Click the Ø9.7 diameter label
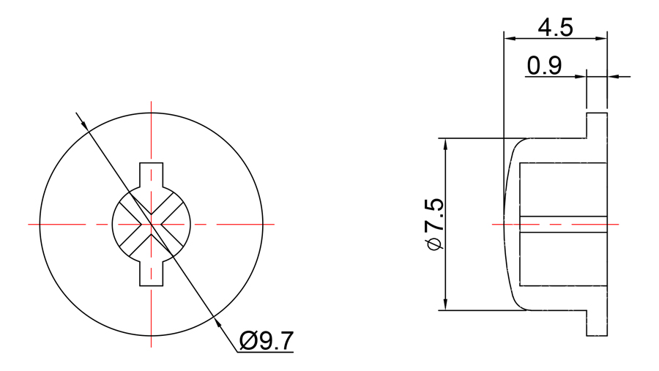(266, 340)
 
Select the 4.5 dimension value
(555, 28)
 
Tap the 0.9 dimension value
(544, 67)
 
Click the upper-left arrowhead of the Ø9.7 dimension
(85, 124)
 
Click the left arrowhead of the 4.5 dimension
(509, 38)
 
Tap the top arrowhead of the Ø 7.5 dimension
(444, 143)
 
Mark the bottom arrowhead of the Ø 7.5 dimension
(444, 305)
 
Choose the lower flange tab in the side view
(597, 323)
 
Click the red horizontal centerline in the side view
(556, 224)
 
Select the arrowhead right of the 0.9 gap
(613, 76)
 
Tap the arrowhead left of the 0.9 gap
(581, 76)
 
